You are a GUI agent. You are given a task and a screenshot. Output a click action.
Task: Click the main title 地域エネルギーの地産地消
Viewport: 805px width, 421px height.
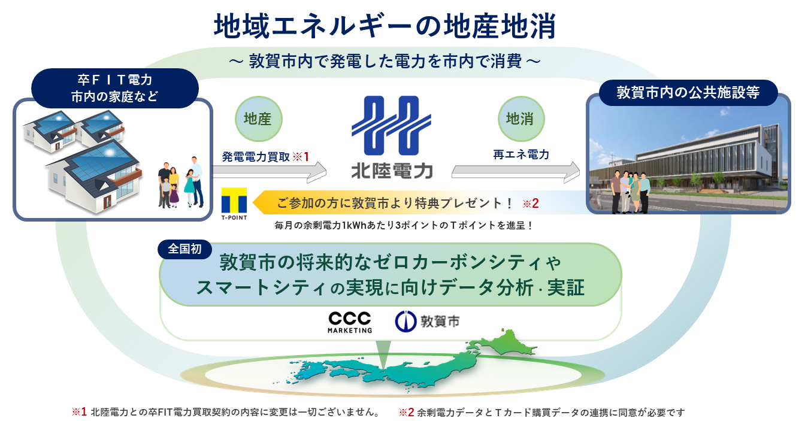point(386,26)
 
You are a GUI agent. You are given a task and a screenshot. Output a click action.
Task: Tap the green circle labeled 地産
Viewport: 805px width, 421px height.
point(258,119)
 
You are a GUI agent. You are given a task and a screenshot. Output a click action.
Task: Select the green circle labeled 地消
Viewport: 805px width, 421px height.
point(520,119)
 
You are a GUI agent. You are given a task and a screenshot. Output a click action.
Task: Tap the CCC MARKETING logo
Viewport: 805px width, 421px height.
point(350,322)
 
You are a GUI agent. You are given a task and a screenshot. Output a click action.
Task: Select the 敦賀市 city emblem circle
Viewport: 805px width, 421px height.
point(405,322)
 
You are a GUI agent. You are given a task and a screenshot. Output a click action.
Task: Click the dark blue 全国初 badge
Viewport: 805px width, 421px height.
point(180,248)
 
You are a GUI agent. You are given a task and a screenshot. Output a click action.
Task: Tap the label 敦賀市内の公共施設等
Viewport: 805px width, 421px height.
point(688,93)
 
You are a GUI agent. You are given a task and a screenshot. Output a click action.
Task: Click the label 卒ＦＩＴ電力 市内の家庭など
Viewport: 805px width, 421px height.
point(114,87)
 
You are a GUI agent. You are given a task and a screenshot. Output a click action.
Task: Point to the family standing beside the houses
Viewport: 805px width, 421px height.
point(180,183)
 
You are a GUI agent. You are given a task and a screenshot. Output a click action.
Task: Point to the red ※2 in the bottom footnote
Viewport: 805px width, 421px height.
point(407,412)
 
